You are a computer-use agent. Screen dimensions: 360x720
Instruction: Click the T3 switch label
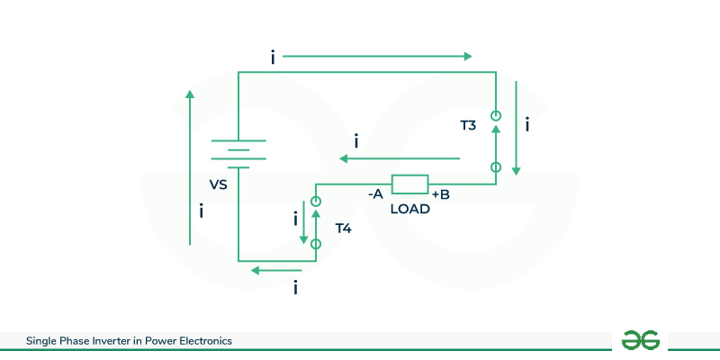point(468,125)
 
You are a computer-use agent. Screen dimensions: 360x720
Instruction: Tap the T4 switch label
point(343,229)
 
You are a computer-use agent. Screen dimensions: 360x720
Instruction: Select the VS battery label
point(218,184)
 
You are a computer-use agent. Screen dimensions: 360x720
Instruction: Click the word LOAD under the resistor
point(409,209)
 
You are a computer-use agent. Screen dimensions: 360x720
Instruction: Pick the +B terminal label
point(441,193)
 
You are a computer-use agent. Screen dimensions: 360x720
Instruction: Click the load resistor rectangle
point(409,184)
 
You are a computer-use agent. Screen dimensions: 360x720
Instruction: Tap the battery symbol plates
point(238,153)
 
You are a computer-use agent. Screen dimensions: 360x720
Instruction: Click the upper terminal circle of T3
point(495,115)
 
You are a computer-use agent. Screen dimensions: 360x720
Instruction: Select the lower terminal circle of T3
point(495,167)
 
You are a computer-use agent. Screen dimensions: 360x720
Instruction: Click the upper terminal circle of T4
point(316,200)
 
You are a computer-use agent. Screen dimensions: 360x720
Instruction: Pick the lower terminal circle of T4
point(316,243)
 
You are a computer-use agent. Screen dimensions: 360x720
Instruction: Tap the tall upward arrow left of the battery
point(190,166)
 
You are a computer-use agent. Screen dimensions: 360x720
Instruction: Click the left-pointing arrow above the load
point(400,159)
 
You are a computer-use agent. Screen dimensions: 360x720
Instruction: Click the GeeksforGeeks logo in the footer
point(641,340)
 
